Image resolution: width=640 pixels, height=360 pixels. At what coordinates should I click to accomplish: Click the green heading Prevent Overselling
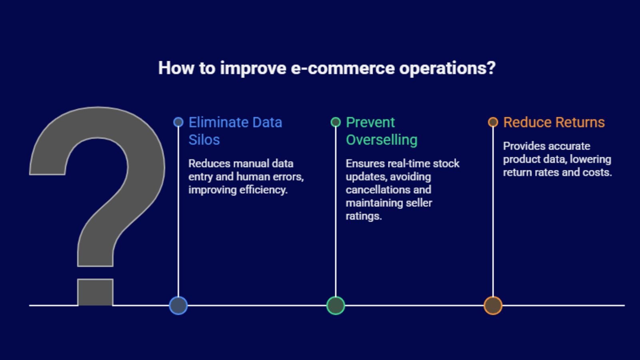(x=381, y=131)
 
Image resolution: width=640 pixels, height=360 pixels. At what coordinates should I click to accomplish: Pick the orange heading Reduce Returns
(x=554, y=122)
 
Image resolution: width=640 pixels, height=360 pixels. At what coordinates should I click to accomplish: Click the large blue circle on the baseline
(x=178, y=306)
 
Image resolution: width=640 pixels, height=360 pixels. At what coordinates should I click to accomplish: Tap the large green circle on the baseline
(x=336, y=306)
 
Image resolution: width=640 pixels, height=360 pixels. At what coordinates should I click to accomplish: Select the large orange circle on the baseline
(x=493, y=306)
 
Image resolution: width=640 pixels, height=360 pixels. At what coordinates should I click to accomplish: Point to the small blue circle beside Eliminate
(x=178, y=122)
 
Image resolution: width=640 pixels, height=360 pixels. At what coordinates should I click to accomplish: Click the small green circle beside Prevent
(x=336, y=122)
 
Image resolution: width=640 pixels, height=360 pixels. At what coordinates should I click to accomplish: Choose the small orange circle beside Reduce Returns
(x=493, y=122)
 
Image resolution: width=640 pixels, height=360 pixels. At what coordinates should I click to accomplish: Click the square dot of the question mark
(x=95, y=292)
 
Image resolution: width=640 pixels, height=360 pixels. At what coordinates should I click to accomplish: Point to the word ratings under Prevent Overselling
(x=363, y=216)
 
